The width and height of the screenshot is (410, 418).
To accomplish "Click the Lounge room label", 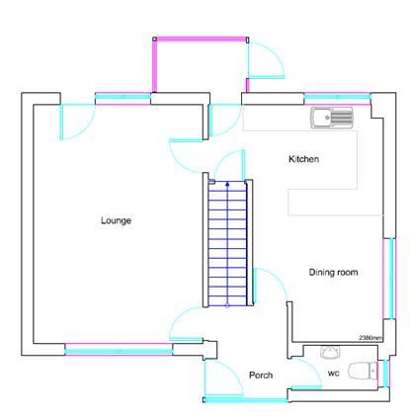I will coord(116,220).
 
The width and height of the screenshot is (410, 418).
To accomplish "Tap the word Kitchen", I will coord(303,160).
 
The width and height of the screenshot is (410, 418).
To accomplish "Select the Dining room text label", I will coord(332,272).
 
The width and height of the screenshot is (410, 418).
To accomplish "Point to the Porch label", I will coord(261,375).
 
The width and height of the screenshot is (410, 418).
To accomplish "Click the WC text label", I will coord(334,373).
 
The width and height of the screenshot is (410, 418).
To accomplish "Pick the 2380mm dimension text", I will coord(370,338).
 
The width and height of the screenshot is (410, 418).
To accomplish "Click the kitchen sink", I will coord(331,119).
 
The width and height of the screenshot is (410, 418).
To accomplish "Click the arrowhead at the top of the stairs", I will coord(226,184).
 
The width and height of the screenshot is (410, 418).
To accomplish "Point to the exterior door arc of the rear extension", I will coord(265,61).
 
